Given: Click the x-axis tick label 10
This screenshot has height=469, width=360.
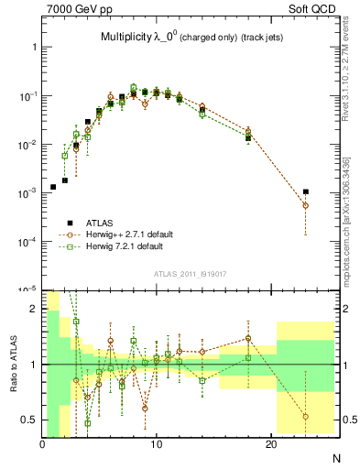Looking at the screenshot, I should click(x=157, y=444).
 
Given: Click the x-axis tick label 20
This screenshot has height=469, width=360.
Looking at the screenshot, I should click(x=270, y=444).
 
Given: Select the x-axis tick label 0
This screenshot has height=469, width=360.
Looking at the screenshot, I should click(x=43, y=444).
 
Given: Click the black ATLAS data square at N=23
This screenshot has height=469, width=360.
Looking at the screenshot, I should click(x=305, y=192).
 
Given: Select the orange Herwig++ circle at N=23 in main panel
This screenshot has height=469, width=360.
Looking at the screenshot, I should click(x=305, y=206).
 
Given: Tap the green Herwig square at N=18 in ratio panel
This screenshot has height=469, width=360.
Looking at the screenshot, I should click(x=248, y=358).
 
